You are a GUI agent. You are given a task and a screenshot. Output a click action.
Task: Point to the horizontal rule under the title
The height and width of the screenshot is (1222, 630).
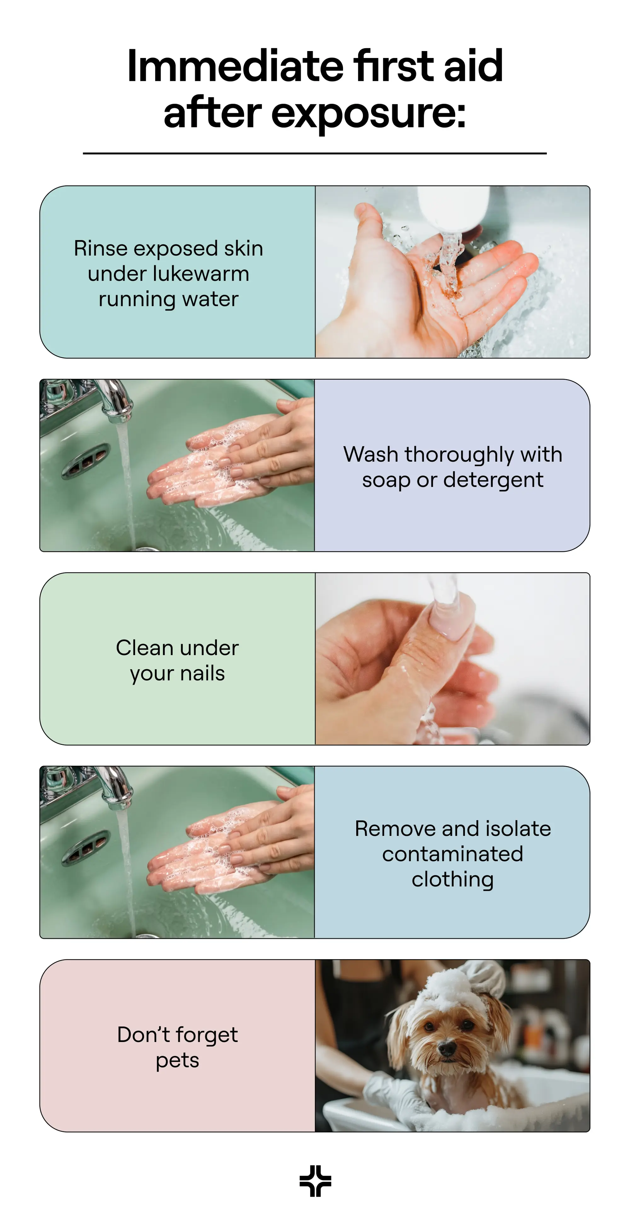tap(315, 153)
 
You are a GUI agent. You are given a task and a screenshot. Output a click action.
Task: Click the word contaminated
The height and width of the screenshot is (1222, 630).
tap(453, 854)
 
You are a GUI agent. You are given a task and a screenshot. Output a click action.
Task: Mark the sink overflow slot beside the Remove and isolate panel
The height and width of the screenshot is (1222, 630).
tap(86, 846)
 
